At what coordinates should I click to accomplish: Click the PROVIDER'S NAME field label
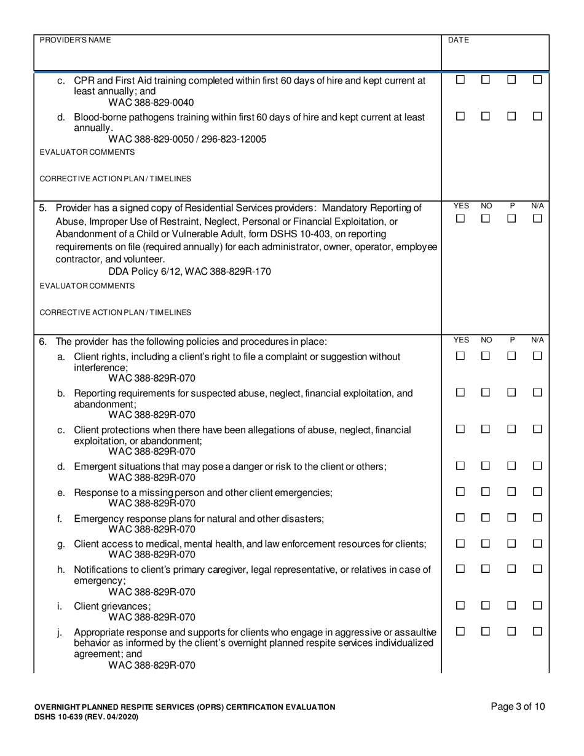coord(76,40)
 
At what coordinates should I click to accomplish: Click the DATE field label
coord(459,40)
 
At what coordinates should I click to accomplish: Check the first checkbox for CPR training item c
coord(460,80)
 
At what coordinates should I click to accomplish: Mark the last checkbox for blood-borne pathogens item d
coord(538,116)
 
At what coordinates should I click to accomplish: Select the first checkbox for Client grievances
coord(460,605)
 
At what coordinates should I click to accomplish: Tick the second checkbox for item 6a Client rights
coord(486,356)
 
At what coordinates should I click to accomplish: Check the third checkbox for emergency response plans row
coord(511,518)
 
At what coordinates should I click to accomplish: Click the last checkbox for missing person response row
coord(538,492)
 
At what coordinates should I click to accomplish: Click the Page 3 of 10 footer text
coord(518,707)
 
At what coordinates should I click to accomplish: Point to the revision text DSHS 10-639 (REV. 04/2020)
coord(86,717)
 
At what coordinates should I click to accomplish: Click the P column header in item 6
coord(512,340)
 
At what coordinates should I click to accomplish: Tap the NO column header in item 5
coord(486,207)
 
